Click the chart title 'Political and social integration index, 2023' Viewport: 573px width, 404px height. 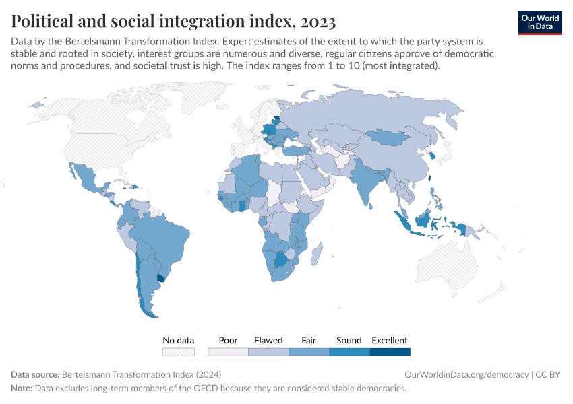[x=173, y=22]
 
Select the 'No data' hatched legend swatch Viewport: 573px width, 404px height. [x=179, y=351]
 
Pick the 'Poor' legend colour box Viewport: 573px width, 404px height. [x=228, y=351]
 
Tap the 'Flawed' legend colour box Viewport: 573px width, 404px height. [x=268, y=351]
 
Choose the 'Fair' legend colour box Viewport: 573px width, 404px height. [x=309, y=351]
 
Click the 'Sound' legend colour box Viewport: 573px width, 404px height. [x=349, y=351]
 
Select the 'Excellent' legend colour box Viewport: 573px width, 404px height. [x=390, y=351]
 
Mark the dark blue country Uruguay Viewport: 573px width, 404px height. [x=160, y=277]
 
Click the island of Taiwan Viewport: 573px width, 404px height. [x=430, y=179]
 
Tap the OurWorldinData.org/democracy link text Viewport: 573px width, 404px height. [x=466, y=374]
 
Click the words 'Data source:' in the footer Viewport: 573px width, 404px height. [x=35, y=374]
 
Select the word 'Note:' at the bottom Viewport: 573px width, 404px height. [x=23, y=389]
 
